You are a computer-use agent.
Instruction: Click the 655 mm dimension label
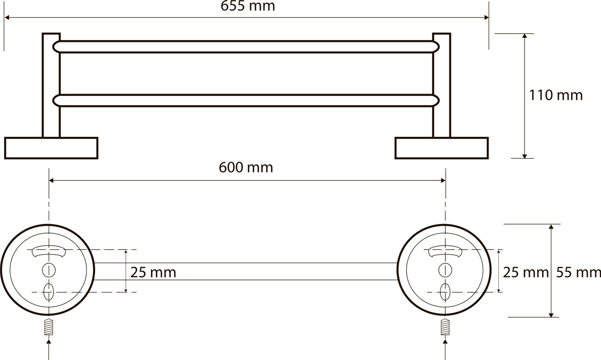pos(248,6)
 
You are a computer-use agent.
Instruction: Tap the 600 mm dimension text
pos(246,167)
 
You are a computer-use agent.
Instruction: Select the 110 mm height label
pos(556,95)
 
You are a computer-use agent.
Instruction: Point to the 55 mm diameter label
pos(578,273)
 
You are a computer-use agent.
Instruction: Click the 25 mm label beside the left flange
pos(153,273)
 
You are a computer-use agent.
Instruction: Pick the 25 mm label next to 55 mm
pos(525,273)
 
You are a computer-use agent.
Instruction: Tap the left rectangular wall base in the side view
pos(51,148)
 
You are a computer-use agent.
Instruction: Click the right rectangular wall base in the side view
pos(442,148)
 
